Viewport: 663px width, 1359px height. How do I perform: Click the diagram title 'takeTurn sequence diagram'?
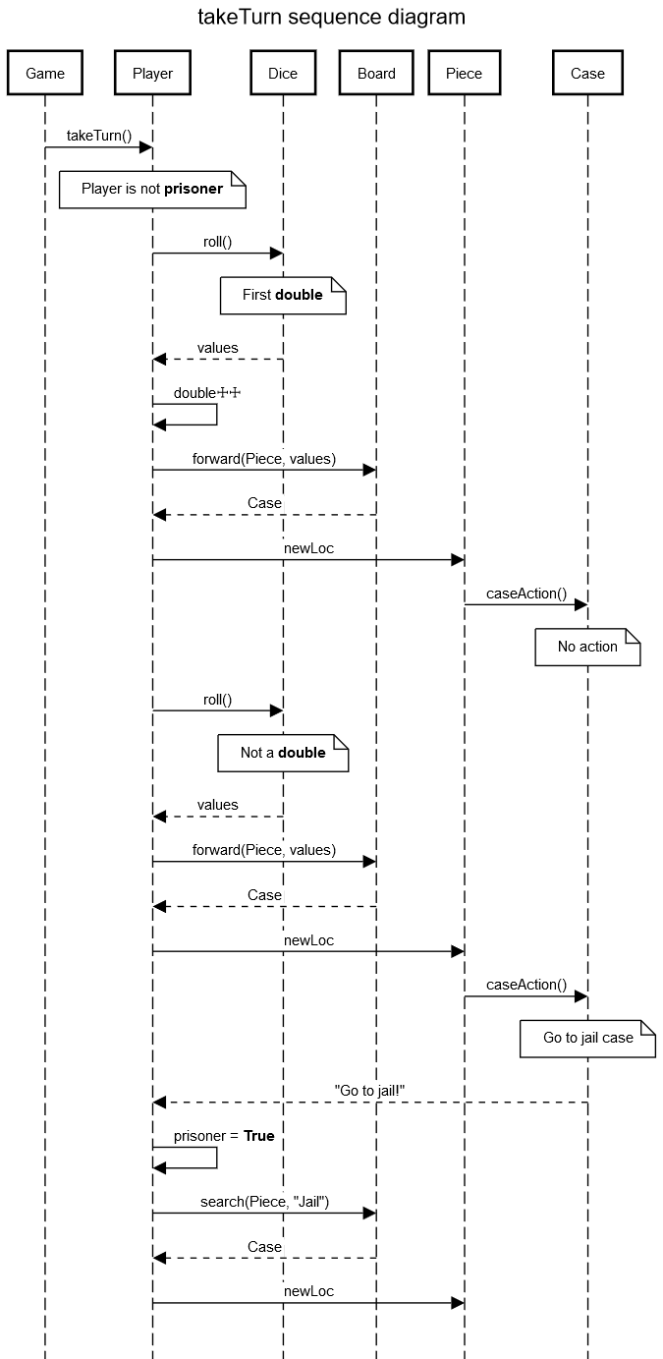click(x=331, y=17)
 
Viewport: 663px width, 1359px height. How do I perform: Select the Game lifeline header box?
click(x=44, y=73)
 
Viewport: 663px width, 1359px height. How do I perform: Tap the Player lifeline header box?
click(x=152, y=73)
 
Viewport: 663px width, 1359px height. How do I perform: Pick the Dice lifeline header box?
click(x=283, y=73)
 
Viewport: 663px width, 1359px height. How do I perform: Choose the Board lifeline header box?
click(x=376, y=73)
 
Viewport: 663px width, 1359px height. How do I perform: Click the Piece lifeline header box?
click(x=464, y=73)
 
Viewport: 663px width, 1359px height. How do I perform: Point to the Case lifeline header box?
click(x=587, y=73)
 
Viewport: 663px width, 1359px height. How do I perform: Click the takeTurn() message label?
click(x=98, y=135)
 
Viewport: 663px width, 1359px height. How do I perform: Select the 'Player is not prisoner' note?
click(x=151, y=189)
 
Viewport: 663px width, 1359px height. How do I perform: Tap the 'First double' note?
click(x=283, y=295)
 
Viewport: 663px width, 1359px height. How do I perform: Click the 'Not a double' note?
click(x=283, y=753)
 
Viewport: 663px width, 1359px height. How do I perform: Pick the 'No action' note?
click(x=587, y=647)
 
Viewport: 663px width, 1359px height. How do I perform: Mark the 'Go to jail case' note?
click(x=587, y=1038)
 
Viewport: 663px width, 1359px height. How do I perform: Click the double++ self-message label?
click(x=206, y=393)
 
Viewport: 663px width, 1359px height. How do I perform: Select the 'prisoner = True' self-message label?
click(x=224, y=1136)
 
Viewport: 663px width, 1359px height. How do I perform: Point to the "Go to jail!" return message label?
click(x=369, y=1090)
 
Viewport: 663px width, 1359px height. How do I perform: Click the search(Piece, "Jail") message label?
click(x=264, y=1201)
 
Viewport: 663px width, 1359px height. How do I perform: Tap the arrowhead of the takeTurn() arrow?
click(x=145, y=147)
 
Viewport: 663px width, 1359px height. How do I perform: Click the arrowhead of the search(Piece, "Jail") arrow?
click(x=369, y=1214)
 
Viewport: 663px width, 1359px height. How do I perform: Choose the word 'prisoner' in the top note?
click(x=193, y=189)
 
